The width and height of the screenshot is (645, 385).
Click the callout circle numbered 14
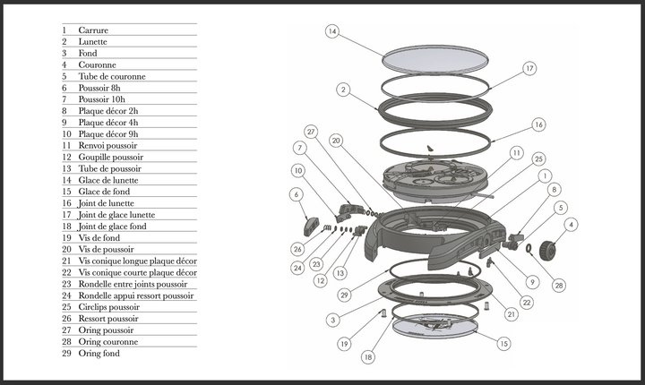coord(332,31)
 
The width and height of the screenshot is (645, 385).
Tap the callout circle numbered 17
coord(529,68)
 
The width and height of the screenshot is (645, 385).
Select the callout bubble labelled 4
coord(571,225)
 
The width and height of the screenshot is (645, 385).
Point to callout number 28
coord(559,286)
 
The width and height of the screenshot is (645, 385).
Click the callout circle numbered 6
coord(297,194)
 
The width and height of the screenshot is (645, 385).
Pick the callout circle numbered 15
coord(503,344)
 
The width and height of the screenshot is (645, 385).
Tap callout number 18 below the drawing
coord(368,357)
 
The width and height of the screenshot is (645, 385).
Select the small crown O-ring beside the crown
coord(529,248)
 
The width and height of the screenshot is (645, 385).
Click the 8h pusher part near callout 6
coord(312,226)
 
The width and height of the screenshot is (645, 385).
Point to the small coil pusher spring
coord(327,227)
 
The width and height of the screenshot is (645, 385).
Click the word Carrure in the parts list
coord(93,30)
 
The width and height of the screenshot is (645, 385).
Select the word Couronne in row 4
coord(97,65)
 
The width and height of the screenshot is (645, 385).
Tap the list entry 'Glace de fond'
coord(104,192)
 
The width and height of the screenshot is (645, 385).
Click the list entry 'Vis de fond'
coord(99,238)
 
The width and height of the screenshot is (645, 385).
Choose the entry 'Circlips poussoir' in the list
coord(109,307)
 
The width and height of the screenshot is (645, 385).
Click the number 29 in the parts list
coord(66,354)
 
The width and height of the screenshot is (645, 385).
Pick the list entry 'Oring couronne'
coord(108,342)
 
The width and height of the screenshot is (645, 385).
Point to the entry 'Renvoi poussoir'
coord(107,146)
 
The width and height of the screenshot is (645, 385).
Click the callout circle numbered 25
coord(538,158)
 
